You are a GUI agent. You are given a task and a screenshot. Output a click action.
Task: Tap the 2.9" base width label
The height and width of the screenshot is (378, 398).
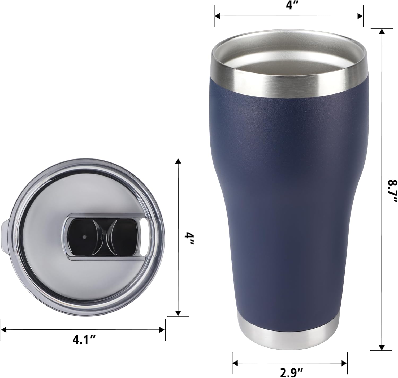(290, 372)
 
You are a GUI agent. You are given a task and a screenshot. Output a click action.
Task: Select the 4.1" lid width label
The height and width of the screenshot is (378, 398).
(84, 340)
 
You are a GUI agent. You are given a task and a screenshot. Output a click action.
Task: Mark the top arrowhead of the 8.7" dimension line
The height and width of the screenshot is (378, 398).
(382, 31)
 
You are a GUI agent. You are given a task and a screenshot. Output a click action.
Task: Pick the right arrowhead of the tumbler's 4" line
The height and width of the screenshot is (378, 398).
(360, 16)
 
